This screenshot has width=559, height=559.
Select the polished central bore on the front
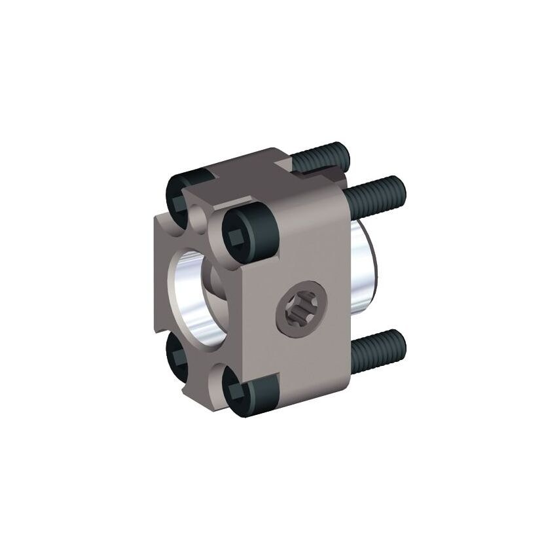[x=190, y=295]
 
